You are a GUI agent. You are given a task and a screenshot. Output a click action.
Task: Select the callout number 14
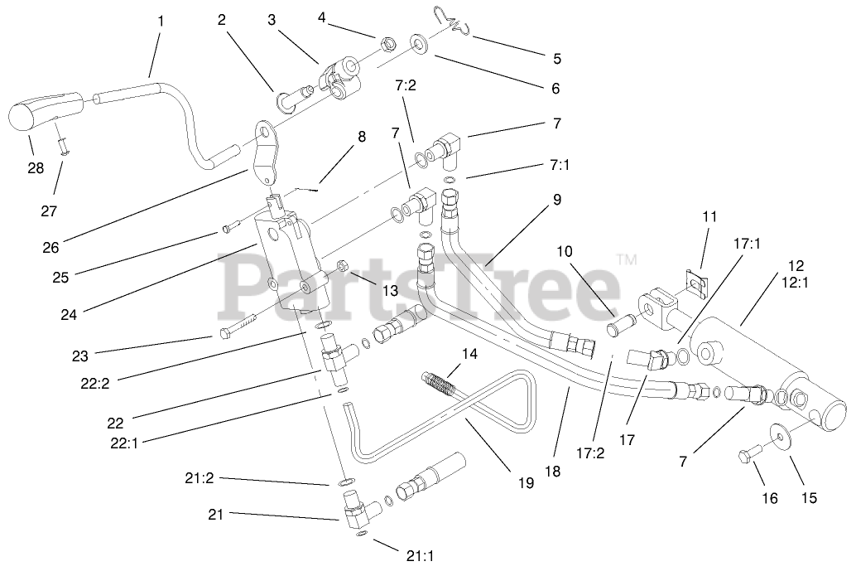point(469,354)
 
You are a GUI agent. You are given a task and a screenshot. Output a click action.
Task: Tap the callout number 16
point(770,498)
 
